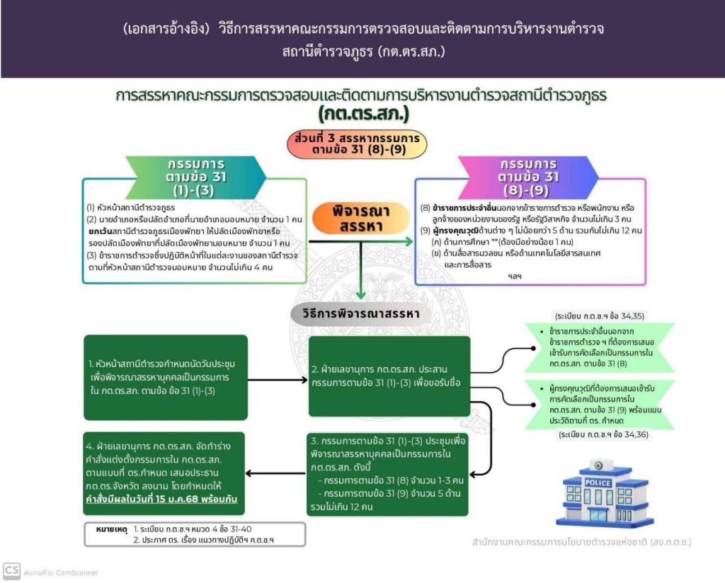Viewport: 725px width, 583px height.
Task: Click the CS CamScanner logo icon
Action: (11, 571)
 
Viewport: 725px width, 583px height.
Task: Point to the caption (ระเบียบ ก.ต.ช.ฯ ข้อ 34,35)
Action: (600, 316)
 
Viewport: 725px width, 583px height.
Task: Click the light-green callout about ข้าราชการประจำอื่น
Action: (598, 347)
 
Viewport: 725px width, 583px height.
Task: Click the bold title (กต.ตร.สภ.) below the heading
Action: (363, 112)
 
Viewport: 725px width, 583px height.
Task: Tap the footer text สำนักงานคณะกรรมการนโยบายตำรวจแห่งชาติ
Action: (582, 543)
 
